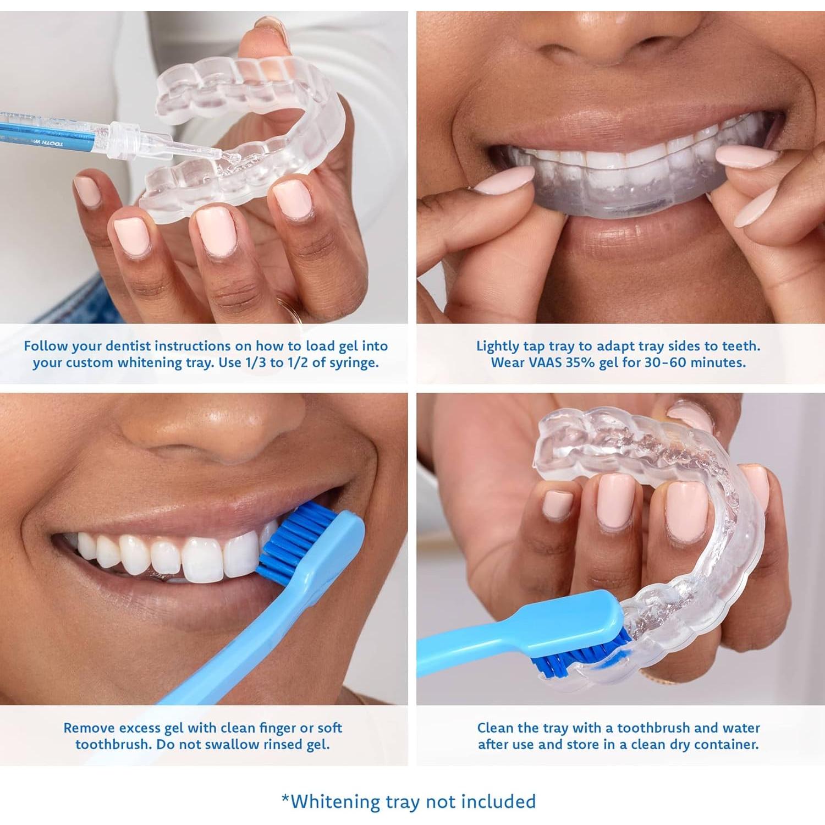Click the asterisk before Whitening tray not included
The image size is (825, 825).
[x=285, y=799]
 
